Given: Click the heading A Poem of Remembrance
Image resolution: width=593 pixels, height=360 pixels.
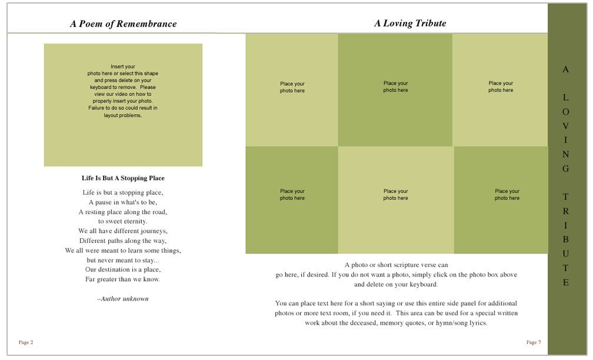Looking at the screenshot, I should [123, 24].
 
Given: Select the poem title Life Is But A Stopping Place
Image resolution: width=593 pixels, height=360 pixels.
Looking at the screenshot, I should [123, 178].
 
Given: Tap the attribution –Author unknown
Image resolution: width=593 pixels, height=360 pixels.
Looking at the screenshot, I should [123, 299].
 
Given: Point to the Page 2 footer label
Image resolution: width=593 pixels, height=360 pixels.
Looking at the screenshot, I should [26, 342].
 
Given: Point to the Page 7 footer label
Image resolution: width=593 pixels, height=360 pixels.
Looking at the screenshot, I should [534, 342].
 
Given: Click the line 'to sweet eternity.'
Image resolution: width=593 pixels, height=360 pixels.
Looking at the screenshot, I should [123, 221].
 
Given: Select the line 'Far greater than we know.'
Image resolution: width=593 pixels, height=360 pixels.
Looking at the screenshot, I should [123, 279].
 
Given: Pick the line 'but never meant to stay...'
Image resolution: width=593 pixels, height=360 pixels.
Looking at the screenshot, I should [123, 259].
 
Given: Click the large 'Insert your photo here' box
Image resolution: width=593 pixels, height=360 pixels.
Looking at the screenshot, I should [123, 105].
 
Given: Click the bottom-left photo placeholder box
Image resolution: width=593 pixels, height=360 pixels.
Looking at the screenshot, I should [292, 200].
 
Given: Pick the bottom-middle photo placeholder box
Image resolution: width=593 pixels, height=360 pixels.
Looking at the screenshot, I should [395, 200].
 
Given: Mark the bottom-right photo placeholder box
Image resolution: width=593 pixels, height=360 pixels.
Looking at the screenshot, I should [501, 200].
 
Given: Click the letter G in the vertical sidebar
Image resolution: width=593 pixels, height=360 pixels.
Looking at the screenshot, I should [566, 169].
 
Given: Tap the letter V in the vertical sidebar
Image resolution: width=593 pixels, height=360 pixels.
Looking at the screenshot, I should [566, 126].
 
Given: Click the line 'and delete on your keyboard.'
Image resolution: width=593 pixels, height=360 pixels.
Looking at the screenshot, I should [396, 284].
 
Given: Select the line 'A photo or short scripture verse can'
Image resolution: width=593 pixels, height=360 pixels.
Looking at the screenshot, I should [396, 265].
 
